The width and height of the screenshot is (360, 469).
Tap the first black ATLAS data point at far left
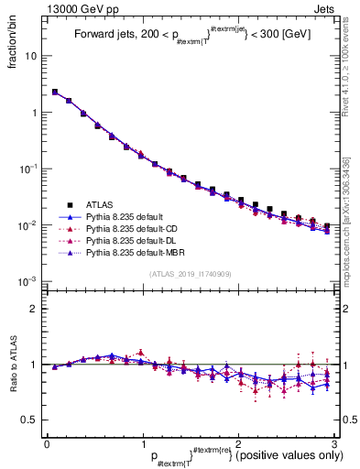[55, 93]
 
